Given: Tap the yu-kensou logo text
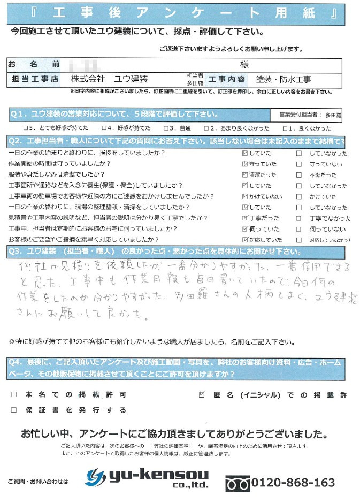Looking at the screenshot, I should [x=155, y=475].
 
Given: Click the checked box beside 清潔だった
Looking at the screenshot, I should [x=245, y=175].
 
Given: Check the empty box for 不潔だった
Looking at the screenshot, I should [x=299, y=175].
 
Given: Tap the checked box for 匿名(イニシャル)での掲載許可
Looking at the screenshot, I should [x=202, y=395].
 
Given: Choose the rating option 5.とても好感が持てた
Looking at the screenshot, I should [x=25, y=128].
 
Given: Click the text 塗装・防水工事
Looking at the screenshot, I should [x=283, y=79].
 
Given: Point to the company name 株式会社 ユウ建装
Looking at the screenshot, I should [x=109, y=79].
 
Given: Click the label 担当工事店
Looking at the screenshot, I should [x=35, y=79].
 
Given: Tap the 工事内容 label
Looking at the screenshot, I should [x=227, y=79].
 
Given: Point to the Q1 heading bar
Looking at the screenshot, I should [x=115, y=115].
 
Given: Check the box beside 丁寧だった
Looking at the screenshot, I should [x=245, y=218].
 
